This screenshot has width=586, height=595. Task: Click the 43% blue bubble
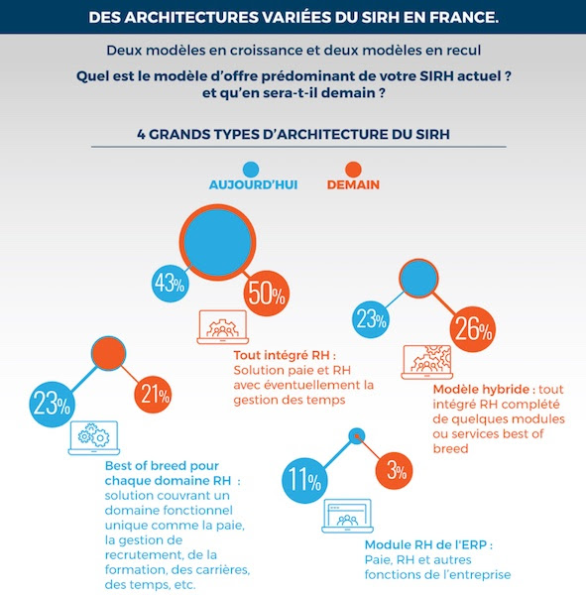point(170,283)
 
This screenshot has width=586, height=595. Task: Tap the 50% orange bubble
point(267,293)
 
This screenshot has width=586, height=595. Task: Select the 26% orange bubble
point(473,329)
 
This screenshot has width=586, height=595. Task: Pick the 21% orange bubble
point(153,395)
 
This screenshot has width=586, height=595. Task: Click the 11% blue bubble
point(304,480)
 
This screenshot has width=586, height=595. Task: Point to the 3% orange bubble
point(394,471)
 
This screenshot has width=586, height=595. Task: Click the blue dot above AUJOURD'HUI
point(251,170)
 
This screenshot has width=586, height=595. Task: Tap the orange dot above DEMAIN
point(353,170)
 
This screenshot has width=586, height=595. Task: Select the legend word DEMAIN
point(353,184)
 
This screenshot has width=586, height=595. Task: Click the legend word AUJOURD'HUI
point(253,184)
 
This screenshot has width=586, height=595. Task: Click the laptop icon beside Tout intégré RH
point(222,327)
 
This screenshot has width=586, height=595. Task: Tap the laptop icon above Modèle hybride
point(427,362)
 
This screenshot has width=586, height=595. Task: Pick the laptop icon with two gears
point(94,438)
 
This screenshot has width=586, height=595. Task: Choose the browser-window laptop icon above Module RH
point(347,516)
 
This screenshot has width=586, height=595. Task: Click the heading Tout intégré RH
point(285,355)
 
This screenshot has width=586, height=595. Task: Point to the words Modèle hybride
point(481,390)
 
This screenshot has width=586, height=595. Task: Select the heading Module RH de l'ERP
point(428,544)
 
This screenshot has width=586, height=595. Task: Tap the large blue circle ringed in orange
point(217,243)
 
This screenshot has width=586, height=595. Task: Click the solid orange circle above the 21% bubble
point(108,353)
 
